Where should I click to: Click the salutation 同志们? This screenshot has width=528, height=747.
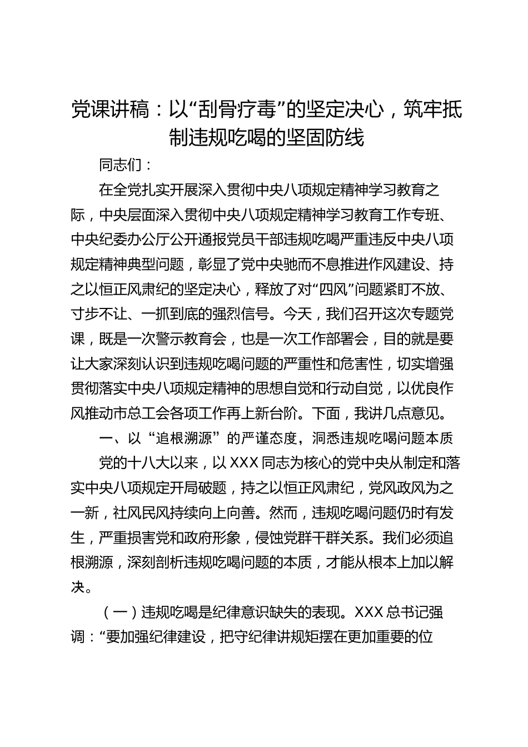[x=119, y=165]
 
